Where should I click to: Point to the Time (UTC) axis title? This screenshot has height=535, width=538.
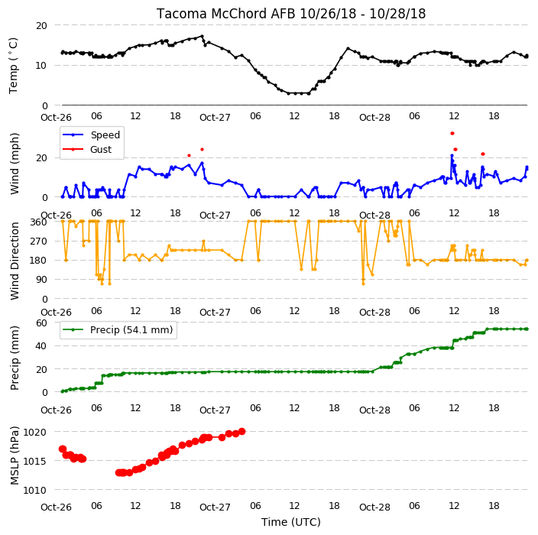point(291,522)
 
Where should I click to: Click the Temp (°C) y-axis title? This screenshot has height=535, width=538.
point(13,66)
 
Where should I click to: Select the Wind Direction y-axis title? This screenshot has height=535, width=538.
point(14,261)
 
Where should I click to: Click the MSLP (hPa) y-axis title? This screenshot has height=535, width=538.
point(14,456)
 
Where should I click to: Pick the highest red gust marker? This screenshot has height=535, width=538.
point(452,134)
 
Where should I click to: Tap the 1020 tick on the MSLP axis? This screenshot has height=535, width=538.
point(34,432)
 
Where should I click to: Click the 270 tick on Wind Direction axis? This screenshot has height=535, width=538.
point(38,242)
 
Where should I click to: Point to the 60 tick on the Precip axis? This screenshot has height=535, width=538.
point(41,323)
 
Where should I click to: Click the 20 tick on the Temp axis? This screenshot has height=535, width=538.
point(41,26)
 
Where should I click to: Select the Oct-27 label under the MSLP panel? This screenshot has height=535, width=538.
point(215,507)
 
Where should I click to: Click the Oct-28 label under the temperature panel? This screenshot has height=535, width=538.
point(374,118)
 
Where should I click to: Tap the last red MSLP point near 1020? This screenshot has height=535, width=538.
point(242,431)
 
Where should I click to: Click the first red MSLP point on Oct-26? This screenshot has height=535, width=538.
point(63,449)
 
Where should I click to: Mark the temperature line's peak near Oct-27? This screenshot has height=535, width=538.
point(202,36)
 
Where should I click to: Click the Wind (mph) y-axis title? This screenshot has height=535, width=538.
point(14,164)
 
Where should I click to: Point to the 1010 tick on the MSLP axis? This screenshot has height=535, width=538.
point(34,491)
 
